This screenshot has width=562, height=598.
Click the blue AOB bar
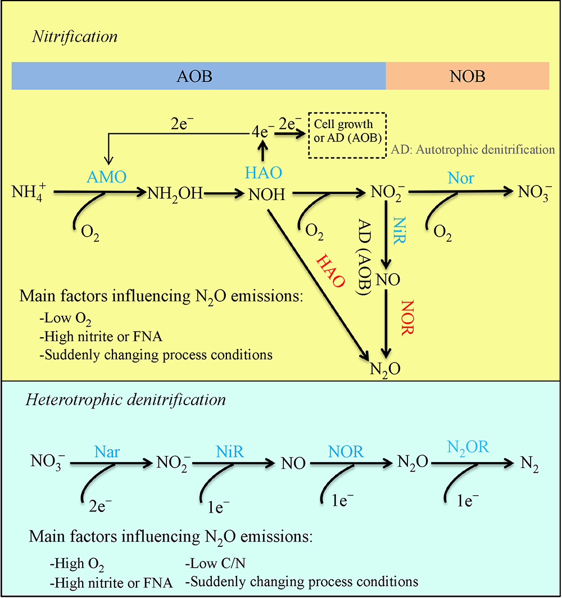[199, 76]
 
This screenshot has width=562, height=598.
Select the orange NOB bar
[467, 76]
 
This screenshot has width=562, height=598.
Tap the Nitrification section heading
[75, 37]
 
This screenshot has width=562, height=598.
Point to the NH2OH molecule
[175, 194]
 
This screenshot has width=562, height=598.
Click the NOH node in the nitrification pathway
[267, 194]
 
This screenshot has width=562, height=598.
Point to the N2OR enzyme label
[468, 447]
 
